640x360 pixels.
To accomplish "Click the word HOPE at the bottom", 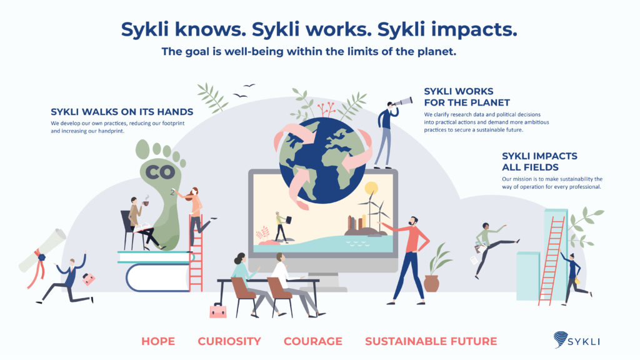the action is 158,341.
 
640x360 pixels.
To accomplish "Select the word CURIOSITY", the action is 229,341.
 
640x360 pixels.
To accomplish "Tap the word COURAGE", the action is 313,341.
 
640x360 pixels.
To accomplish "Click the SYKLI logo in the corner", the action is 577,340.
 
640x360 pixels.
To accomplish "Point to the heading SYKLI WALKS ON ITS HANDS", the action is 122,112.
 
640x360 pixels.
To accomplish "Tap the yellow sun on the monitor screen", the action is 371,188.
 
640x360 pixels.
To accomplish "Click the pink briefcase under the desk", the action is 218,311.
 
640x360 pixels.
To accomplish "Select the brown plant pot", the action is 431,283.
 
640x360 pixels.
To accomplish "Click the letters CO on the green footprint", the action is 161,172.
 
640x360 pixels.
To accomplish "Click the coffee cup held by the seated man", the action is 146,203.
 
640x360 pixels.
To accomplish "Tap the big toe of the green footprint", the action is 142,149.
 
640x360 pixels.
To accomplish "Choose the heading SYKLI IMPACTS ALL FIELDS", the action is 539,162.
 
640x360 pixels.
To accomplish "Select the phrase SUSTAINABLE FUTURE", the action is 431,341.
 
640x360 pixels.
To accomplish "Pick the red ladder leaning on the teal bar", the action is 551,261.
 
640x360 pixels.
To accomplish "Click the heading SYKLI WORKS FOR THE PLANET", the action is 467,97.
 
